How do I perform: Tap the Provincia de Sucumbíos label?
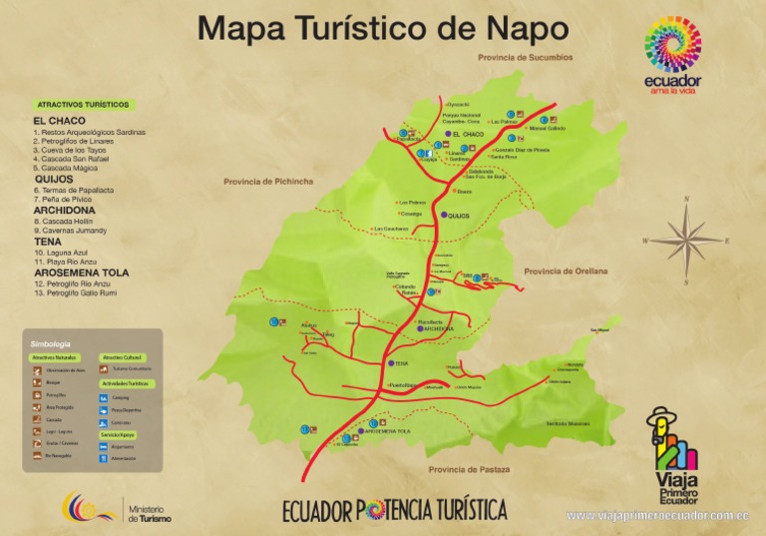coord(526,58)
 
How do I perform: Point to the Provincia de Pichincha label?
coord(268,182)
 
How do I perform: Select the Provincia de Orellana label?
coord(566,271)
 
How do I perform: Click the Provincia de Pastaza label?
coord(468,469)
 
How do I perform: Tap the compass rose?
coord(685,240)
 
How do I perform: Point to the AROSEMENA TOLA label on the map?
coord(387,431)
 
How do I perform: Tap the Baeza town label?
coord(463,192)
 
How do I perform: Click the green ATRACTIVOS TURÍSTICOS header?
coord(83,105)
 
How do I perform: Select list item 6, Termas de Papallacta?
coord(76,190)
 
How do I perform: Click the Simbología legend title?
coord(51,344)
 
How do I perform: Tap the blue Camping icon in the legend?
coord(105,397)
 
